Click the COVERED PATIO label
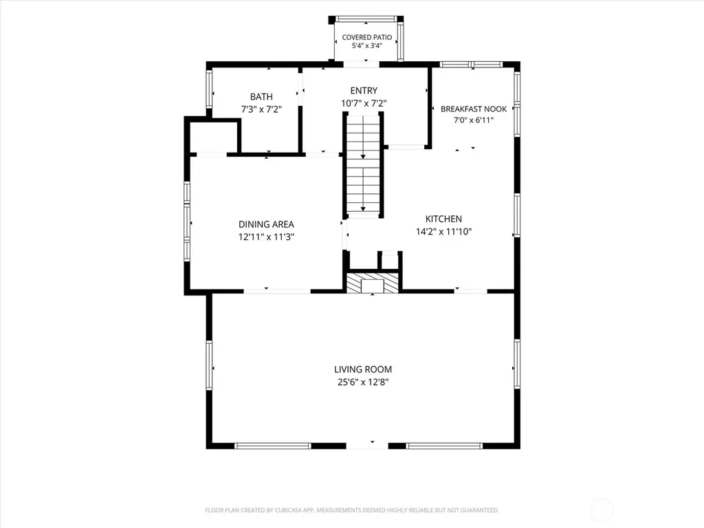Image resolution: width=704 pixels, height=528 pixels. [x=367, y=37]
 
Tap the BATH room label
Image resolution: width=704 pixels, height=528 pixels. [x=261, y=96]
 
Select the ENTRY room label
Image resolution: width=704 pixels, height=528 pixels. [x=364, y=91]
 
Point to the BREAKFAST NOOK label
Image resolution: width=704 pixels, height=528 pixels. [x=474, y=109]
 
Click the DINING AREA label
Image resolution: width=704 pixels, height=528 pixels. [x=266, y=224]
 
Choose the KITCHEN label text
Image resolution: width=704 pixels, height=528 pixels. [x=443, y=219]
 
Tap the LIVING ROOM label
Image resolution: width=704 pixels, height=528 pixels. [x=363, y=369]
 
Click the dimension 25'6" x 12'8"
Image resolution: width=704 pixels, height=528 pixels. [x=363, y=382]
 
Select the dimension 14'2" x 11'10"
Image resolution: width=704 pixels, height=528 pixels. [x=443, y=232]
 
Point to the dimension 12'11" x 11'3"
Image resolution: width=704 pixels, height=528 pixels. [x=266, y=237]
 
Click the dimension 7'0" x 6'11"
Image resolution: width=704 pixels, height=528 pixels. [x=474, y=120]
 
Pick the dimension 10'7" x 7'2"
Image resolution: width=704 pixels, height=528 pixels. [x=364, y=103]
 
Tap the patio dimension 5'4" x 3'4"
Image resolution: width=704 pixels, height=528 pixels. [x=367, y=46]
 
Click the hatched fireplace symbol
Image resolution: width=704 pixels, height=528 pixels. [x=372, y=283]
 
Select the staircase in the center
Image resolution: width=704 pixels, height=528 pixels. [x=363, y=164]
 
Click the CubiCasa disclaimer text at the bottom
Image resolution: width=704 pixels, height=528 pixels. [x=352, y=510]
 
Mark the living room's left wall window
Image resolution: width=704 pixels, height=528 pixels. [x=209, y=364]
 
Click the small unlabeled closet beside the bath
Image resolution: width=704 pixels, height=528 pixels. [x=213, y=137]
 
